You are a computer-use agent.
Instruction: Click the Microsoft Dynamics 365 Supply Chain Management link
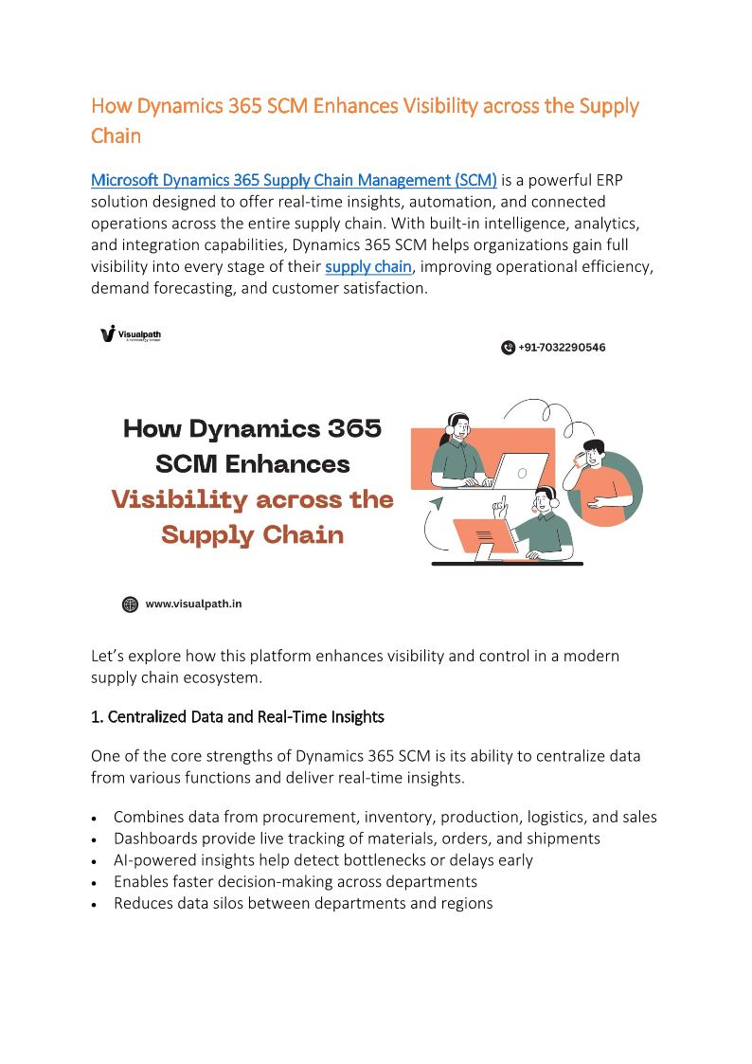(x=294, y=180)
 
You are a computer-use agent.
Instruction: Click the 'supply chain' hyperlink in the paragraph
(x=367, y=266)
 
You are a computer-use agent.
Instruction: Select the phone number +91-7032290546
(x=562, y=348)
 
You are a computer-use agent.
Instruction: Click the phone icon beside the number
(x=508, y=348)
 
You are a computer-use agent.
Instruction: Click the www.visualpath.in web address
(x=193, y=604)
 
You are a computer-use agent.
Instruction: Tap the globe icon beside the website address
(x=130, y=604)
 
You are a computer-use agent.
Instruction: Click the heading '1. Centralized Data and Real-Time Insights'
(x=237, y=717)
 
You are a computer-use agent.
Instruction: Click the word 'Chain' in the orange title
(x=116, y=135)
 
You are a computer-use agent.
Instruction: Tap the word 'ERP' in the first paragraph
(x=607, y=180)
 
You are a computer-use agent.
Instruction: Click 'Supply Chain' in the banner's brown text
(x=252, y=535)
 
